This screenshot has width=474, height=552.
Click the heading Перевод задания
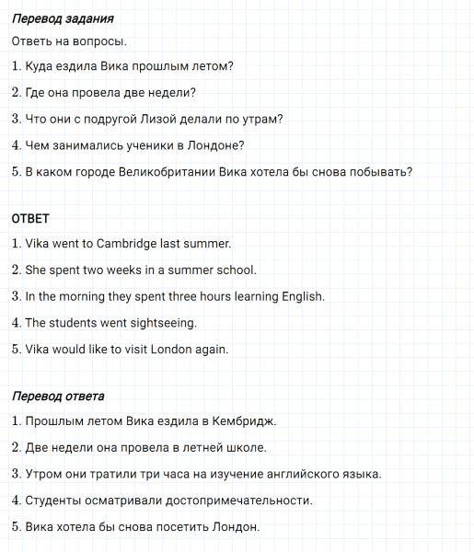tap(63, 18)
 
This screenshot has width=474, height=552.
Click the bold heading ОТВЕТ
tap(30, 219)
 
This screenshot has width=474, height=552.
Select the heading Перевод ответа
tap(58, 397)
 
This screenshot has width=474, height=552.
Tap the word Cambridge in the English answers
tap(128, 245)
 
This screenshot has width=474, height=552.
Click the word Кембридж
tap(244, 421)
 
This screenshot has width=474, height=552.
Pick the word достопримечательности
tap(231, 500)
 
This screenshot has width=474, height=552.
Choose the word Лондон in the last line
tap(237, 527)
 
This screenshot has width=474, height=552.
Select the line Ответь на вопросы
tap(70, 41)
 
